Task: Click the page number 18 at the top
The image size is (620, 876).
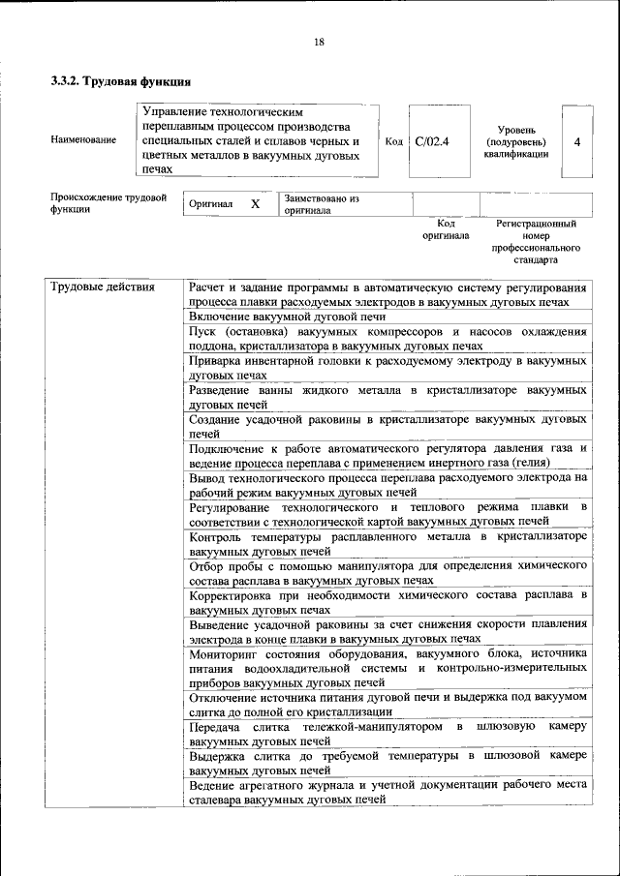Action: [319, 42]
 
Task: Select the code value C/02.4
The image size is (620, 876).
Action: [432, 141]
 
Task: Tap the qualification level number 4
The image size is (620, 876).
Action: [577, 141]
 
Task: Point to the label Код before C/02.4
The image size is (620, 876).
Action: [394, 141]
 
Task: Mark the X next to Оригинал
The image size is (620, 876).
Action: [255, 205]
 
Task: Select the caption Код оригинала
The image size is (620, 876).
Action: [446, 228]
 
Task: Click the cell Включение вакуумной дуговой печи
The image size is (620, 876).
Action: [288, 317]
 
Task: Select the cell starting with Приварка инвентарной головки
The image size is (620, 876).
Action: [387, 366]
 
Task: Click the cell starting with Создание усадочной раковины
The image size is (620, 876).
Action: [387, 427]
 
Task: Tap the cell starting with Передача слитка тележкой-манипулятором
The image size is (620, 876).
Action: [387, 733]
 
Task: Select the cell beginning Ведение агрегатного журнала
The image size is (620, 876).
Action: [387, 794]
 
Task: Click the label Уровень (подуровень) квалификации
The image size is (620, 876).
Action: [516, 141]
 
